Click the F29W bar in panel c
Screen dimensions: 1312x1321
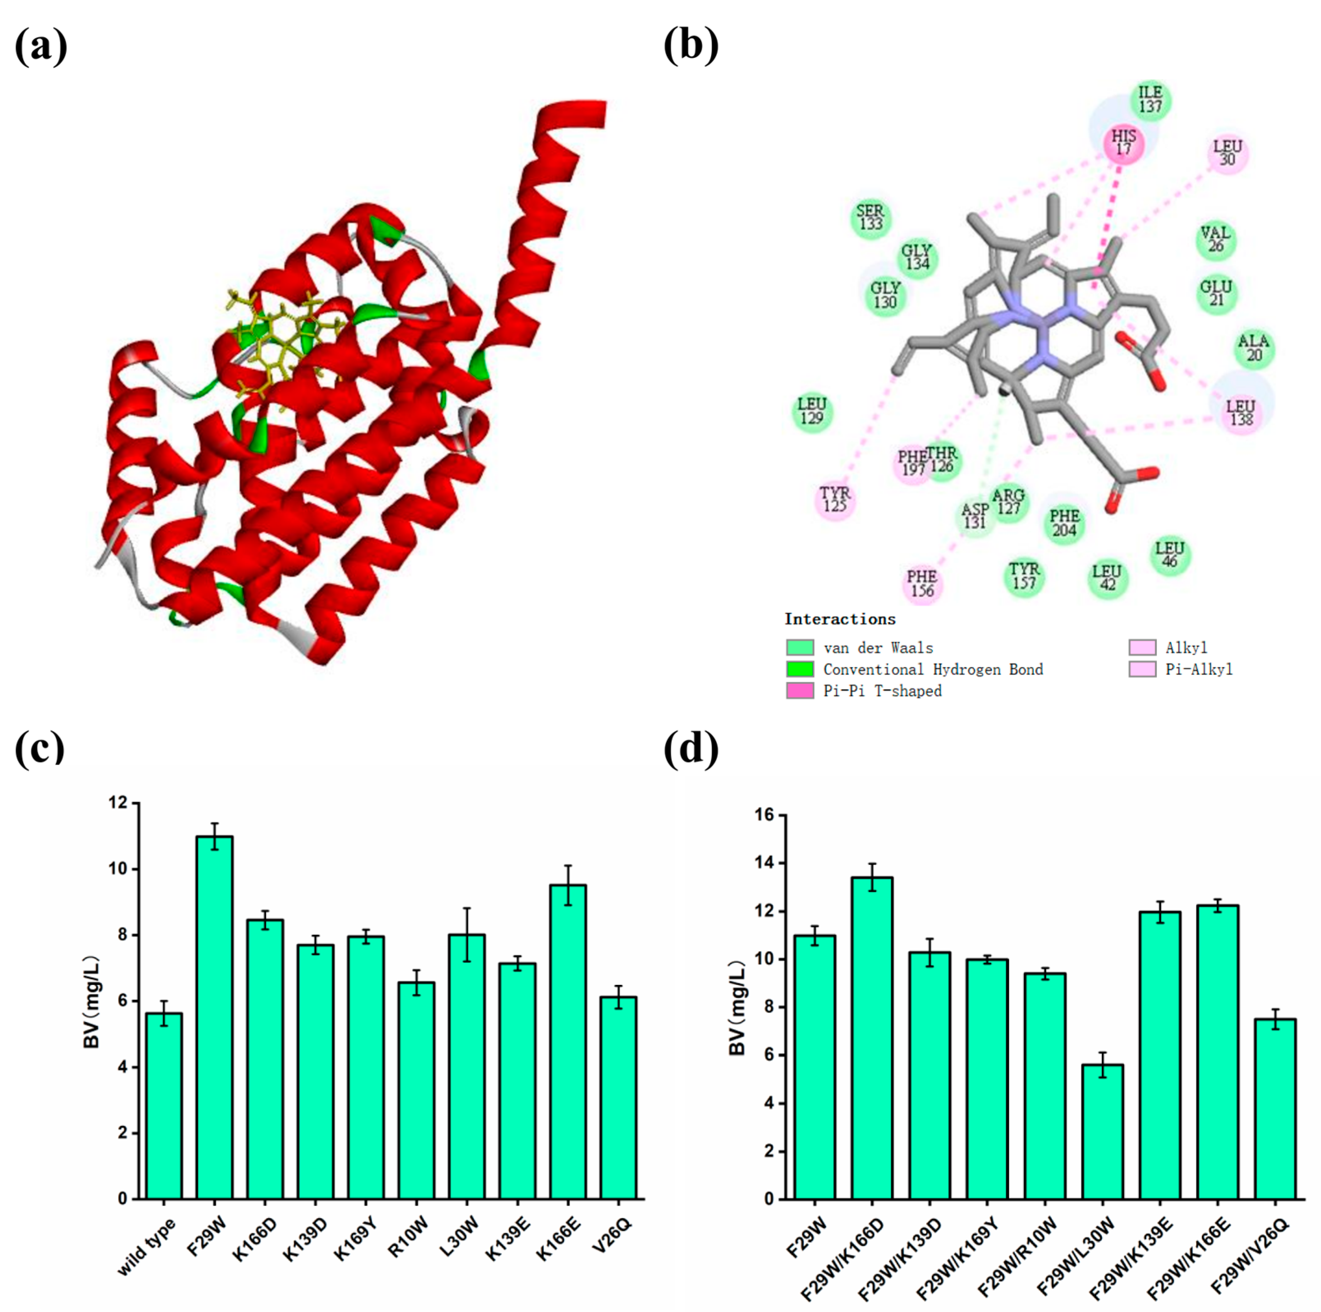coord(214,1018)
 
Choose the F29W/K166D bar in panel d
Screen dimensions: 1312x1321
coord(872,1039)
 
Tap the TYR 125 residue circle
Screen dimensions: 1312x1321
coord(835,500)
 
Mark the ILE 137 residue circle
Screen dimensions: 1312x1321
coord(1150,100)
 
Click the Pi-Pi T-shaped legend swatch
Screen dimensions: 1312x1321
coord(800,691)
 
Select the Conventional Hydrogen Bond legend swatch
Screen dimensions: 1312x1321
coord(800,669)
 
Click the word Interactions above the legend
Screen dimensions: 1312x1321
coord(840,619)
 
